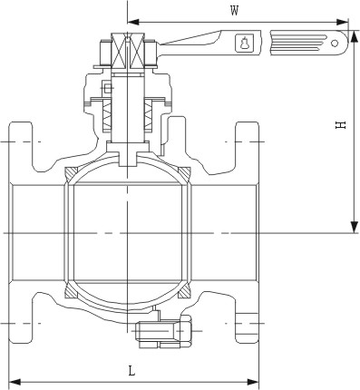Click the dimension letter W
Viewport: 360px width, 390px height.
234,11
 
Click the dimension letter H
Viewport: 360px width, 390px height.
340,125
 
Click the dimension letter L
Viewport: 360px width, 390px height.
131,371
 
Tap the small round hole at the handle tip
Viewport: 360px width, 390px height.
335,43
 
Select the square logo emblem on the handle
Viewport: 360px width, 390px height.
243,42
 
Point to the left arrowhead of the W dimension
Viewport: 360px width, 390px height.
133,22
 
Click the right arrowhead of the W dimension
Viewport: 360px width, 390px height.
343,22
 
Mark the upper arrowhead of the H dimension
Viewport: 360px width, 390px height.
354,36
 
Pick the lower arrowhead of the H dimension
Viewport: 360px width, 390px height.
354,228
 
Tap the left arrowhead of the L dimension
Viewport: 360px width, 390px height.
15,382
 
